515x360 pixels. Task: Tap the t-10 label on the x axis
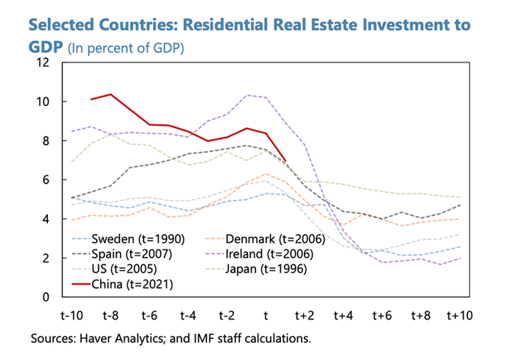click(x=71, y=315)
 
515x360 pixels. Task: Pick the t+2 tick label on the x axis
click(x=304, y=315)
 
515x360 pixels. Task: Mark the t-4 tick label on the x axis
click(x=188, y=315)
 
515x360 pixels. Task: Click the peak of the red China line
click(x=110, y=94)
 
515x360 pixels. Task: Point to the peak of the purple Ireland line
click(x=246, y=95)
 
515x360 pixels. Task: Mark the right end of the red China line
click(x=285, y=161)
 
